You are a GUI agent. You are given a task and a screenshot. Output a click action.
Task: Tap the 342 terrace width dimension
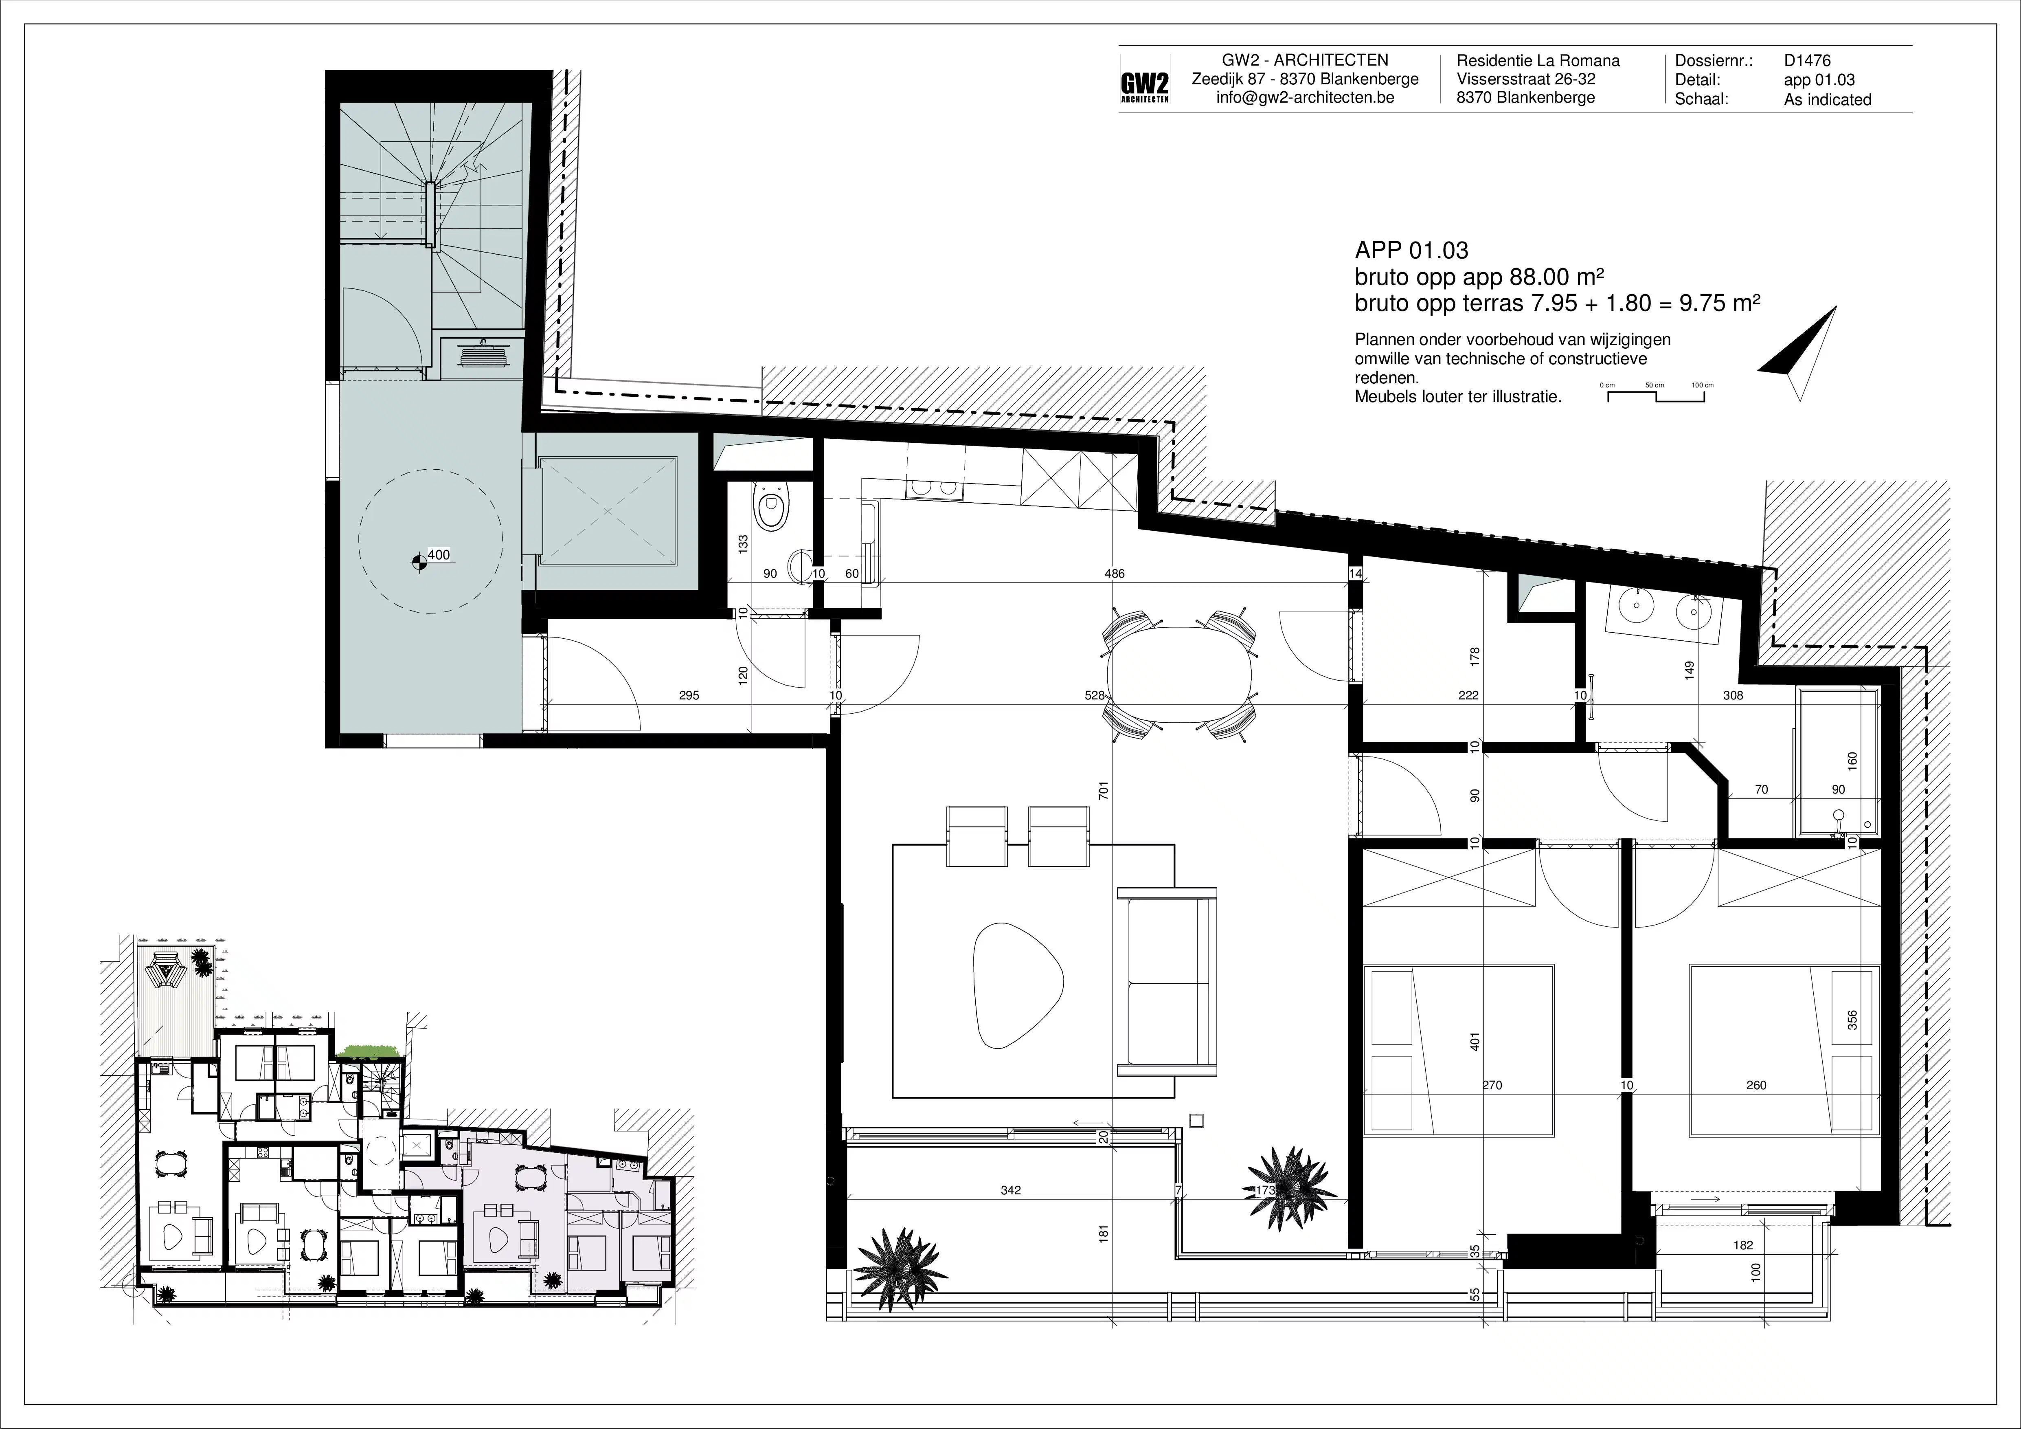tap(1011, 1190)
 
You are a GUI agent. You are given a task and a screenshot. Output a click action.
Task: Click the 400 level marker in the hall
tap(437, 555)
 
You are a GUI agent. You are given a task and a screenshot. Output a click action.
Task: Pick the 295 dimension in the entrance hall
tap(689, 696)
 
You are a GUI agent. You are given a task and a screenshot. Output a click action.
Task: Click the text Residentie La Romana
tap(1538, 61)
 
